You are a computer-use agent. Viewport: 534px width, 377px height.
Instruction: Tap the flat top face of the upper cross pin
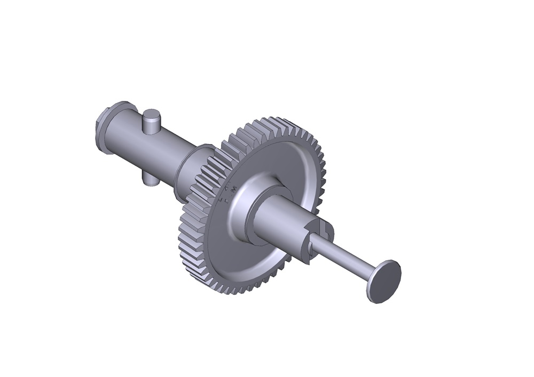click(x=152, y=114)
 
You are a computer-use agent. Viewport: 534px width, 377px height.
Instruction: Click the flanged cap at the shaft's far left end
click(x=102, y=128)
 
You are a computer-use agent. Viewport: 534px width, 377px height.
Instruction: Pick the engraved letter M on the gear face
click(x=234, y=188)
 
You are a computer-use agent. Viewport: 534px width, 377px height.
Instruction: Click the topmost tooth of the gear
click(x=275, y=122)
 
